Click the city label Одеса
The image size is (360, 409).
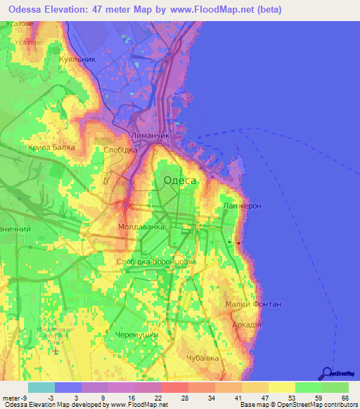pos(179,181)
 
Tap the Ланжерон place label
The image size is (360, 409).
pos(242,206)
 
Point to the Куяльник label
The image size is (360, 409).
pos(77,60)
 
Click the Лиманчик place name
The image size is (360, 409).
pos(150,134)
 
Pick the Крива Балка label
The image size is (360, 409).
pos(51,148)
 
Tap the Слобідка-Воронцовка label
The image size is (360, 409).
pos(161,261)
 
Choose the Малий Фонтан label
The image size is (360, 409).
pos(253,304)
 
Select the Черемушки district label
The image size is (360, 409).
pos(136,335)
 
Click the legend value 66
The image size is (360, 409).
pos(345,398)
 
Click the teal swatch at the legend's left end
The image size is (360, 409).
pos(41,387)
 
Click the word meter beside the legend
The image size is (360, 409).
pos(11,398)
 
